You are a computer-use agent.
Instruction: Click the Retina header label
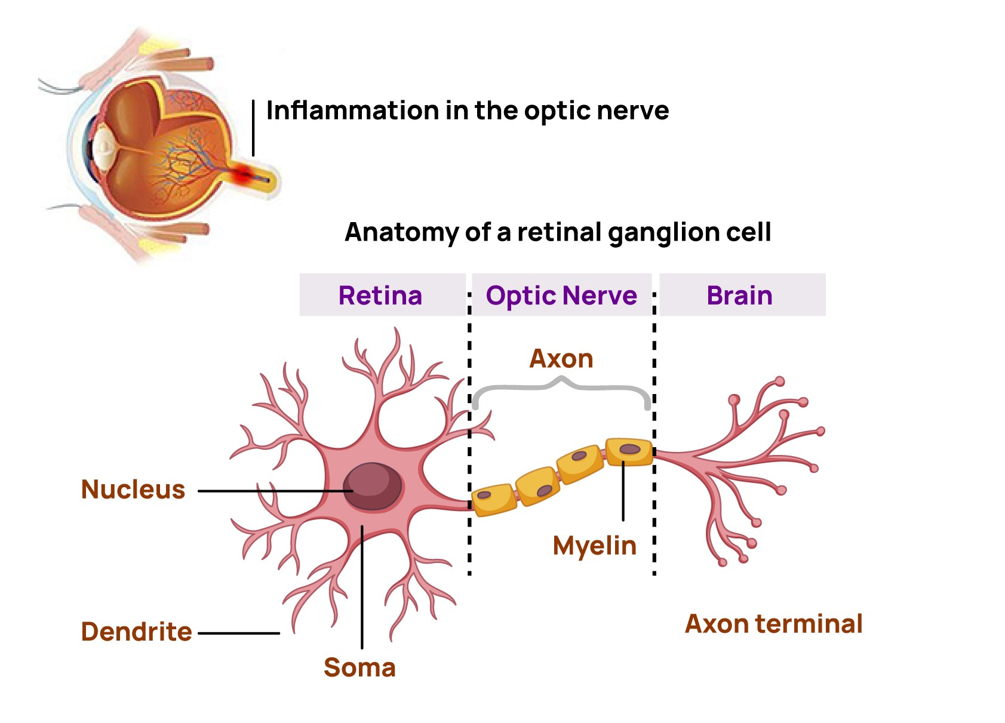point(380,296)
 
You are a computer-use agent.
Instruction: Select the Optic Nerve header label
point(561,296)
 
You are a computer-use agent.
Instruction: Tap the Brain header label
point(739,296)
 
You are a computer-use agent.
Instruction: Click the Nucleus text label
point(133,490)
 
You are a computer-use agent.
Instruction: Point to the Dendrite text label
point(136,632)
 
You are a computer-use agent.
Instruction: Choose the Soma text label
point(359,667)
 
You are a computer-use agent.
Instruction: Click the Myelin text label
point(595,546)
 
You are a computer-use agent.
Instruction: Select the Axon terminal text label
point(773,624)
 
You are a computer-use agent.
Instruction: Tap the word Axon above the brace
point(561,359)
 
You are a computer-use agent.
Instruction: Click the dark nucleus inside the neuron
point(371,486)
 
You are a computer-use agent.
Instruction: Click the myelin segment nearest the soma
point(493,499)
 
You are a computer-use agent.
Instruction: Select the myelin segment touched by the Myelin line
point(629,451)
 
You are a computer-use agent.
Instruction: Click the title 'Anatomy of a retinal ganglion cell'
point(558,232)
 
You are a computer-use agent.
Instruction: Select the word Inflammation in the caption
point(352,110)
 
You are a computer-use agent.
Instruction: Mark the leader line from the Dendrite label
point(239,633)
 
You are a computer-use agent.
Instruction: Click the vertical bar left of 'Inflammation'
point(253,128)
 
